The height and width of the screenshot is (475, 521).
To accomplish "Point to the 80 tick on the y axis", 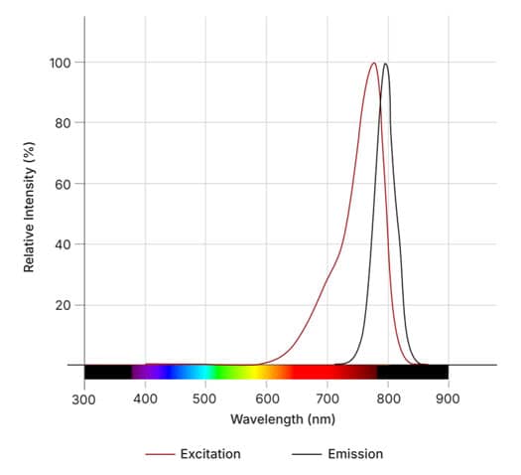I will (x=62, y=123).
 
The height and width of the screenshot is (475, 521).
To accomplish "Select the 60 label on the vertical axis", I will (x=62, y=184).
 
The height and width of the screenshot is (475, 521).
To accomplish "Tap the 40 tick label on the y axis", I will (x=62, y=244).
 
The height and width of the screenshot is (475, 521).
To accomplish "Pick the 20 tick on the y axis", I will (x=62, y=305).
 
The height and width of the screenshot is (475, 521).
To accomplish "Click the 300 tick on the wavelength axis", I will (x=84, y=398).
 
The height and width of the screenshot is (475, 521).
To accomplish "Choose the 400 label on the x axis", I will (x=145, y=398).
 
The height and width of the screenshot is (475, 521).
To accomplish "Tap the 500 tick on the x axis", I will (x=205, y=398).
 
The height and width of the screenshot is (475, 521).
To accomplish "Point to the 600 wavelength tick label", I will (x=266, y=398).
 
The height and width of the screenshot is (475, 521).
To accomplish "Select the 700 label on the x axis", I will (x=326, y=398).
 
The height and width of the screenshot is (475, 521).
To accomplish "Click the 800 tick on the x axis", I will (x=387, y=398).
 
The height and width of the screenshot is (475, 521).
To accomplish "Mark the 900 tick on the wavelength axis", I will (x=448, y=398).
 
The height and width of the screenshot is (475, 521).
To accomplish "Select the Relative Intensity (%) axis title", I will (x=30, y=207).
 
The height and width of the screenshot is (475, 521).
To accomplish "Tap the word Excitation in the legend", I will (x=210, y=454).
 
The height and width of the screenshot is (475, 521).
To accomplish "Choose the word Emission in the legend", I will (x=355, y=454).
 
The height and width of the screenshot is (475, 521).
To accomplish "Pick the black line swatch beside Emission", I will (x=306, y=454).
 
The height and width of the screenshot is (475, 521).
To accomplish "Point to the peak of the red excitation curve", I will (x=374, y=64).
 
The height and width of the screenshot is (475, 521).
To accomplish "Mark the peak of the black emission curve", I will (x=385, y=64).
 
